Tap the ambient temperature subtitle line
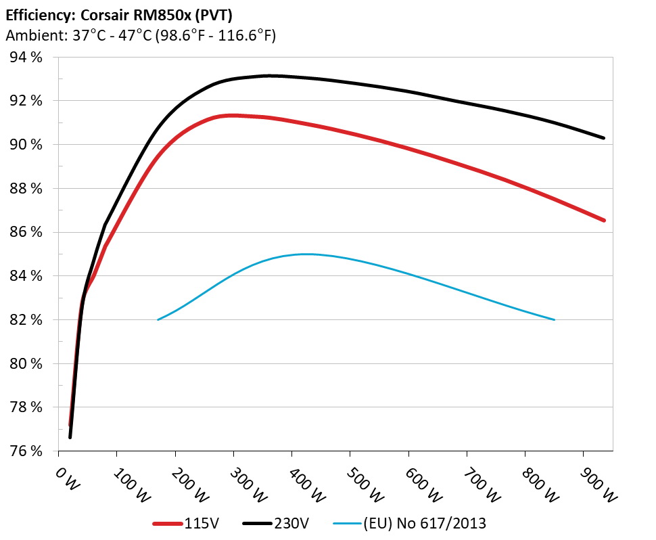click(x=140, y=36)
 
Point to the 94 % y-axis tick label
click(x=26, y=58)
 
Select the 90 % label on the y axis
click(x=26, y=145)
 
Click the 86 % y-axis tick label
click(x=26, y=232)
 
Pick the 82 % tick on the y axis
click(x=26, y=319)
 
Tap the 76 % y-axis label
click(x=26, y=451)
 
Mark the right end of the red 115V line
click(x=603, y=221)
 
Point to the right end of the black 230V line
click(x=603, y=138)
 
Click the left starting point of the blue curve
click(x=158, y=319)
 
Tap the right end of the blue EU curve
click(x=554, y=319)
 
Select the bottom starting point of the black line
click(x=70, y=437)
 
